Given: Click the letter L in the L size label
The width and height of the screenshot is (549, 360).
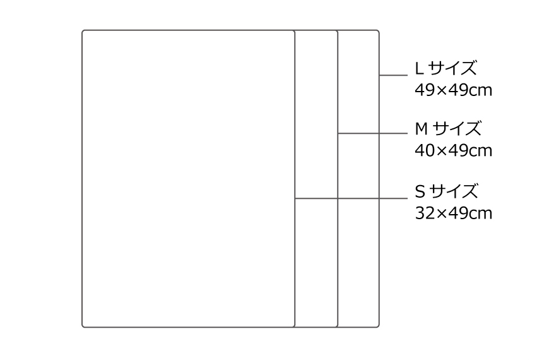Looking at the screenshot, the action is tap(419, 68).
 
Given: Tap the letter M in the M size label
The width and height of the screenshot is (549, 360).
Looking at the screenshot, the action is tap(422, 129).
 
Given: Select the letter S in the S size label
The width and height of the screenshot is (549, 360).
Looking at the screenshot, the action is tap(420, 191).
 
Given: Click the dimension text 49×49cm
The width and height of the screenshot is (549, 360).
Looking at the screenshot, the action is tap(454, 90).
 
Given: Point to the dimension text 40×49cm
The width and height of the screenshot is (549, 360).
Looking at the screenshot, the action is tap(454, 150).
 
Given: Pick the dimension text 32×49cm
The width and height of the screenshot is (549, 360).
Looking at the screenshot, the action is tap(454, 213).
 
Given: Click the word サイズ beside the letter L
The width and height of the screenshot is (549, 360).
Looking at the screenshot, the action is tap(452, 68).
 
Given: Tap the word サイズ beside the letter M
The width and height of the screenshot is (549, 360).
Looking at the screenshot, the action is tap(457, 129).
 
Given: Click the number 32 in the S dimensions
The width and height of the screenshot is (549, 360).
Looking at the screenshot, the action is tap(423, 213).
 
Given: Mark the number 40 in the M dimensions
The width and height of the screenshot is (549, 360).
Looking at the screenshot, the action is tap(423, 150).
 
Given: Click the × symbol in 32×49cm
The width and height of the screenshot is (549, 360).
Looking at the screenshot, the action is tap(438, 214).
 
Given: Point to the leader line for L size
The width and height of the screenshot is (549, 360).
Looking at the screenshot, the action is tap(393, 75).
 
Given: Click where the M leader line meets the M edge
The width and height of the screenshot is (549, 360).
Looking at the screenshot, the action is tap(338, 133).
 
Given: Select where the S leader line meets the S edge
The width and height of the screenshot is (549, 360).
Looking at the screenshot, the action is tap(295, 198).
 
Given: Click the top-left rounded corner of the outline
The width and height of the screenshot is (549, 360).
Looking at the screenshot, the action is tap(83, 31).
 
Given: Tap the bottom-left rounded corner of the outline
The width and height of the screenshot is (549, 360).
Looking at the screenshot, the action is tap(83, 327).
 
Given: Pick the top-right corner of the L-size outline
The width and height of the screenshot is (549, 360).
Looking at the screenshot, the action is tap(378, 31).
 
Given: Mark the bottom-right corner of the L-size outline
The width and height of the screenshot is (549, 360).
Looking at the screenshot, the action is tap(378, 327).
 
